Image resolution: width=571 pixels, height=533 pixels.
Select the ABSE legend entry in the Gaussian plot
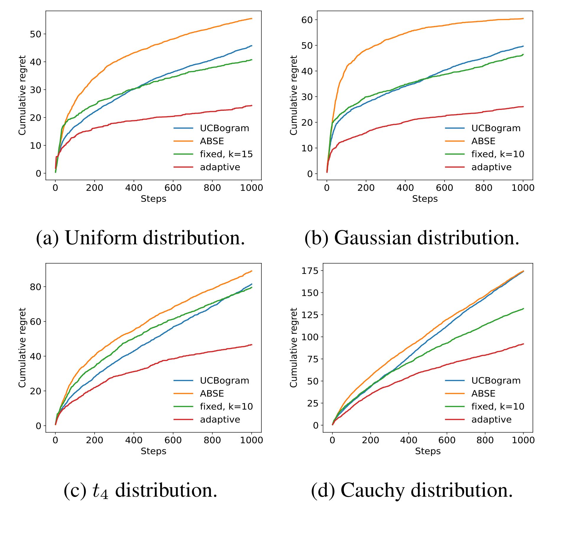483,141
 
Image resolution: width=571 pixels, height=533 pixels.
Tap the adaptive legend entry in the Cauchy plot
491,419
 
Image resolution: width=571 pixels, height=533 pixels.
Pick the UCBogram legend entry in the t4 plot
224,380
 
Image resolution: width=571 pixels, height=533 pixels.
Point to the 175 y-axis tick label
310,271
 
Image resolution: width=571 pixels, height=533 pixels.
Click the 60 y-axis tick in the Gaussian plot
307,20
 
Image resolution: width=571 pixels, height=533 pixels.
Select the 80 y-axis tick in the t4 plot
35,287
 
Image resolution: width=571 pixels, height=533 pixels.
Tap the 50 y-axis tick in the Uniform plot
35,34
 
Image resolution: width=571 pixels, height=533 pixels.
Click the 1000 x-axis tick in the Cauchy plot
523,440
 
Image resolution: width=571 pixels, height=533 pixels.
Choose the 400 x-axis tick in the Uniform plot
134,188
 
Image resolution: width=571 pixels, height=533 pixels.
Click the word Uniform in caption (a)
101,238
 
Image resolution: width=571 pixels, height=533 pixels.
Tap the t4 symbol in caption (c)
100,491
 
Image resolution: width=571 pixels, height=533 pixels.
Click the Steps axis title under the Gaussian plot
425,199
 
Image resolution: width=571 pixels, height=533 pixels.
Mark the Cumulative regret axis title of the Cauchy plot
293,347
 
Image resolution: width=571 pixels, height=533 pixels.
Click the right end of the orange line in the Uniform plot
252,19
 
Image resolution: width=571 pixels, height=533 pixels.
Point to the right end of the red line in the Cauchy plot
523,344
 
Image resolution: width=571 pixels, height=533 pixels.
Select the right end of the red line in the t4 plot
252,344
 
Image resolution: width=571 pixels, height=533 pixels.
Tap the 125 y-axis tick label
310,315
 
